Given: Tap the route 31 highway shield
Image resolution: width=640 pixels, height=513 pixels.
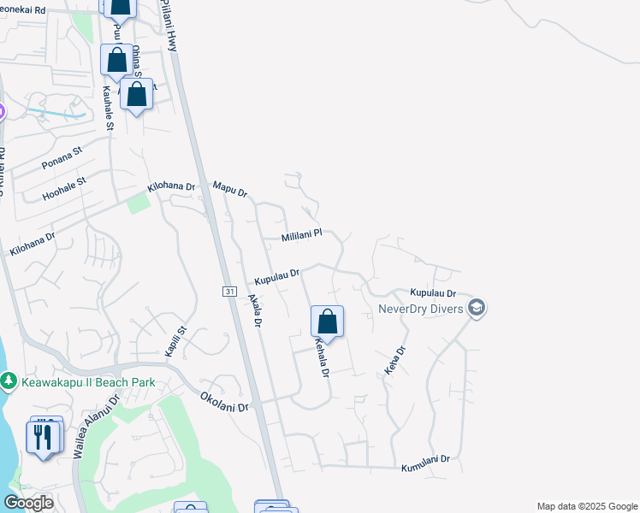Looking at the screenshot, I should [x=229, y=292].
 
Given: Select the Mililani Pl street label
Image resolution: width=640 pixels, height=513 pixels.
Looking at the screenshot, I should [x=302, y=233].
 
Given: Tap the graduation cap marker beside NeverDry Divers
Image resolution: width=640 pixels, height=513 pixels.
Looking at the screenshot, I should [x=477, y=308].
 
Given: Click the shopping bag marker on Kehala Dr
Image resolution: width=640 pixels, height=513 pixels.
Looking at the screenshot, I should [x=327, y=323].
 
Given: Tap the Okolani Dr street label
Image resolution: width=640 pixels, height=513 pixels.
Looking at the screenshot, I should [x=224, y=401].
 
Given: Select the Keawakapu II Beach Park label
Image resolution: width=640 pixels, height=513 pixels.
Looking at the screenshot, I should [x=87, y=382].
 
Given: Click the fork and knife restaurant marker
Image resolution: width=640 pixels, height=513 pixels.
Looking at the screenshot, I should [x=42, y=437].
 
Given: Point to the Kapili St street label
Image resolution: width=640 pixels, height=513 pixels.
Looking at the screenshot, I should [x=175, y=342].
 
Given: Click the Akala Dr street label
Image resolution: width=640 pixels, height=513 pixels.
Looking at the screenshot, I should [x=254, y=311].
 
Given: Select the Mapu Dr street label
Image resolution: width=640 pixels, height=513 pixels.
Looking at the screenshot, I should [x=229, y=189].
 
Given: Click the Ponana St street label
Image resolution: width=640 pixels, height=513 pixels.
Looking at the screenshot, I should [x=62, y=157].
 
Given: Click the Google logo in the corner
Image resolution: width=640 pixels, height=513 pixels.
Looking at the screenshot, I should [x=28, y=503].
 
